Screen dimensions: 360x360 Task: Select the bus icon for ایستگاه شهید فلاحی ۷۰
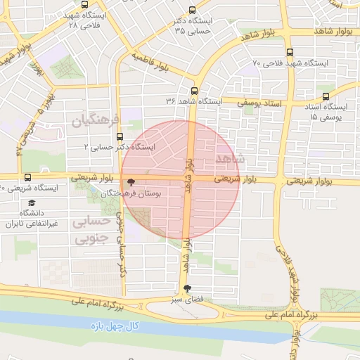pyautogui.click(x=290, y=52)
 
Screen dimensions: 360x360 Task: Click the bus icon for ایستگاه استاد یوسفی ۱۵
pyautogui.click(x=325, y=96)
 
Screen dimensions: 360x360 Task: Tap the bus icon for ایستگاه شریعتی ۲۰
pyautogui.click(x=27, y=177)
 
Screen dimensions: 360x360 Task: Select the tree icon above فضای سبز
pyautogui.click(x=186, y=288)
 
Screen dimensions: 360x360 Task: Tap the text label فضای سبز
pyautogui.click(x=188, y=300)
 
